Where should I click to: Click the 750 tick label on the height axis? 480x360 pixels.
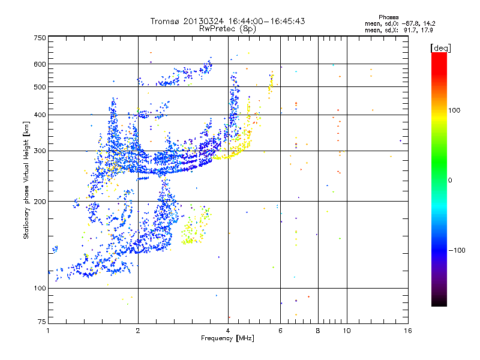[x=40, y=37]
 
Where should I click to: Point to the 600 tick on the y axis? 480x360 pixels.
[x=40, y=64]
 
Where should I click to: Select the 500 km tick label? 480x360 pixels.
[x=40, y=87]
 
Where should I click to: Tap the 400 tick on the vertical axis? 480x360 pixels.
[x=40, y=115]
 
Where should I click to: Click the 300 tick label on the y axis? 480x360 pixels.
[x=40, y=151]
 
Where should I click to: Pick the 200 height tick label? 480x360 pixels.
[x=40, y=202]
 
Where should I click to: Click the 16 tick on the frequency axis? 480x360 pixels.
[x=407, y=331]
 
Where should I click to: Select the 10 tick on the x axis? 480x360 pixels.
[x=346, y=331]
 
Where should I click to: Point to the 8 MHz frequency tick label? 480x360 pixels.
[x=318, y=331]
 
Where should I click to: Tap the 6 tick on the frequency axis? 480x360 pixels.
[x=280, y=331]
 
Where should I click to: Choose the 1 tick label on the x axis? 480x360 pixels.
[x=48, y=331]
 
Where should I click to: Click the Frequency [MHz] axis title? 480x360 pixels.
[x=227, y=339]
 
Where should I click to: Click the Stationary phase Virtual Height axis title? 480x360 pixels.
[x=26, y=180]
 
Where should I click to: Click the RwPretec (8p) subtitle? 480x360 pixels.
[x=227, y=28]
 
